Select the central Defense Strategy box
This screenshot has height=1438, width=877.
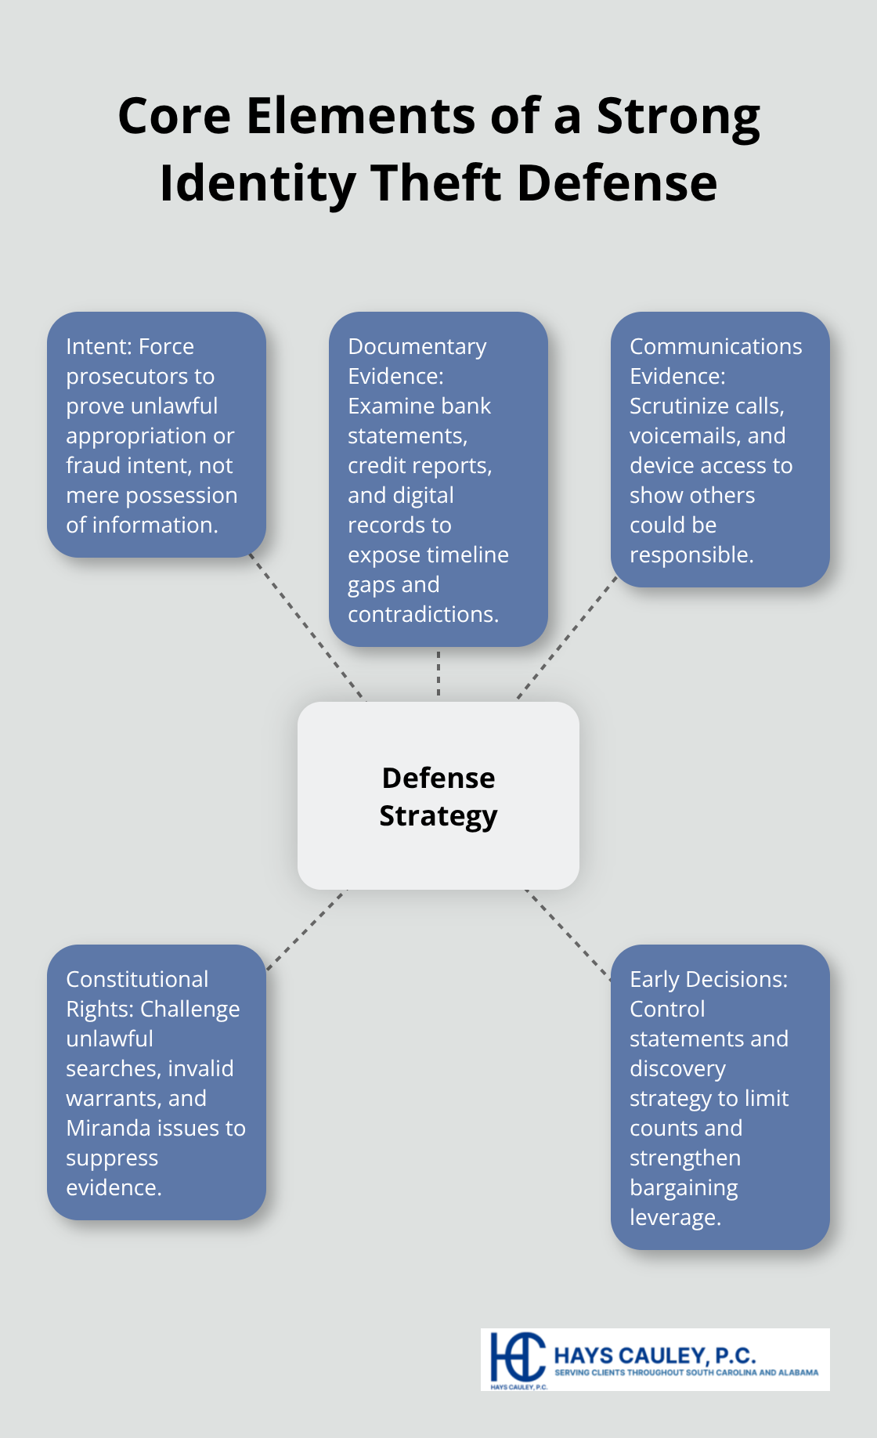click(x=438, y=796)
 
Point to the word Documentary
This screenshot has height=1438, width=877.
click(x=417, y=346)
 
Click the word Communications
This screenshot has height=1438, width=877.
click(x=716, y=346)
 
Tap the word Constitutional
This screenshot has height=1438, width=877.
click(x=137, y=979)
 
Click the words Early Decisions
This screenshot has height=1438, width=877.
click(x=709, y=979)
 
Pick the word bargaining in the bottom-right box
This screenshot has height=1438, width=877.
click(x=684, y=1187)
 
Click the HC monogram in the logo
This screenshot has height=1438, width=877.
click(x=517, y=1357)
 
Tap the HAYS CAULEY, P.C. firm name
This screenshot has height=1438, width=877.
click(x=655, y=1355)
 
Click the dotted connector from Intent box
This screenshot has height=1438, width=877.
click(x=307, y=628)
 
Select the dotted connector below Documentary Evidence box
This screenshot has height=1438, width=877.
click(x=438, y=674)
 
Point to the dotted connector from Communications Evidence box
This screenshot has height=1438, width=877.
click(x=567, y=638)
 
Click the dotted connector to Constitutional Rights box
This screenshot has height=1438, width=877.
click(x=305, y=930)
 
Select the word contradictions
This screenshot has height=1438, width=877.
click(x=423, y=614)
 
